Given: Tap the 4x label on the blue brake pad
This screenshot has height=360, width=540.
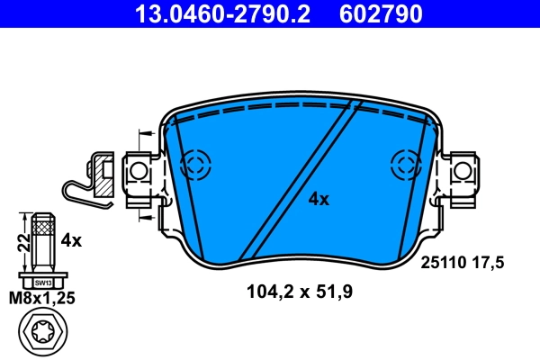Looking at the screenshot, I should click(x=319, y=199).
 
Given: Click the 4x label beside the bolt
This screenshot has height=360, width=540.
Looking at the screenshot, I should click(x=71, y=240).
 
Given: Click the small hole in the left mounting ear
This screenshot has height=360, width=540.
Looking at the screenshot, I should click(x=138, y=169).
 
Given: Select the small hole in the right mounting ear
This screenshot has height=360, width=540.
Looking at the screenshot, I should click(x=463, y=169).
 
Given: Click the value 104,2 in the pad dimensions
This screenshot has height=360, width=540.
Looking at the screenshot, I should click(x=269, y=292).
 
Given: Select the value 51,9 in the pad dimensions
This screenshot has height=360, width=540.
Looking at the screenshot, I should click(x=332, y=292).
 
